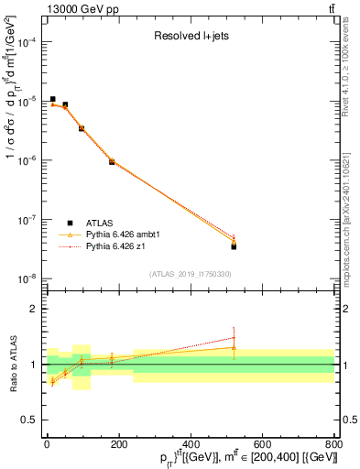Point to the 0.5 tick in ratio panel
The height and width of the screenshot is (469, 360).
pos(30,420)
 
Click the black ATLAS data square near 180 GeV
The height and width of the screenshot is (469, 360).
pos(112,161)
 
